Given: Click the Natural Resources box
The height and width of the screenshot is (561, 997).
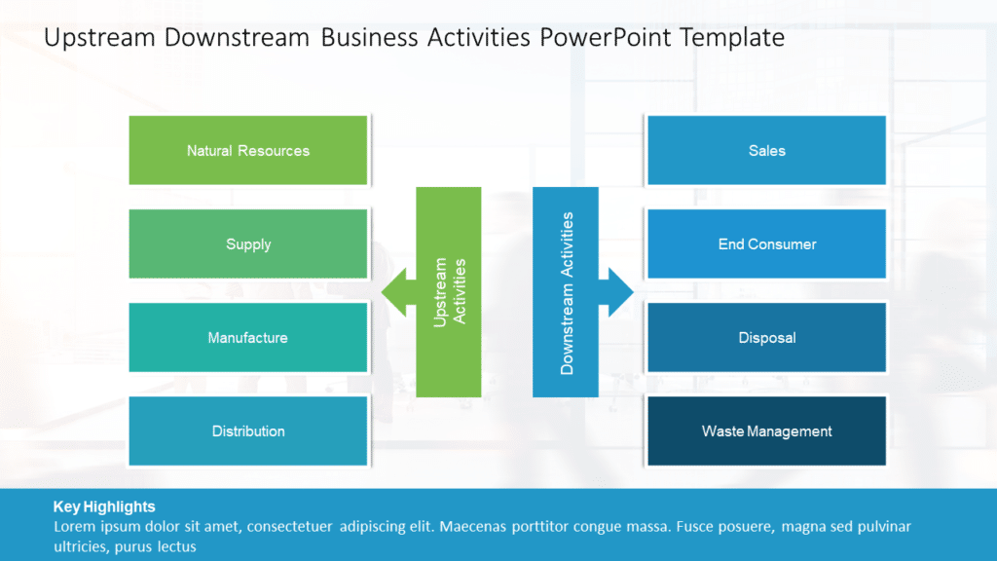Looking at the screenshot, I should click(x=248, y=151).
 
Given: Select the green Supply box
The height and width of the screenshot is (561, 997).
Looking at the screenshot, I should click(x=248, y=244).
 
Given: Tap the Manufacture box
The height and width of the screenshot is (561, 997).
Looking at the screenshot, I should click(x=248, y=338).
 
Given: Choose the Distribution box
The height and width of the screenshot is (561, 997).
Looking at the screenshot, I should click(x=248, y=431).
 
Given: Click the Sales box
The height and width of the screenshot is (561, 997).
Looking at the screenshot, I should click(x=766, y=151).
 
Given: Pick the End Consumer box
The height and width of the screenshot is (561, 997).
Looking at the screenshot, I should click(x=766, y=244).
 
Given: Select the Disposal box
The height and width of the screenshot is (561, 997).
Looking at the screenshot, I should click(x=766, y=338).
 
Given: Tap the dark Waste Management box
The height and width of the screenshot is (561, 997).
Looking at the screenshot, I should click(x=766, y=431).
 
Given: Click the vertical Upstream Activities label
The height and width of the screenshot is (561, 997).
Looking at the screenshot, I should click(x=449, y=292).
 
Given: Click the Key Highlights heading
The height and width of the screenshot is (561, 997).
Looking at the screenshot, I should click(x=104, y=506).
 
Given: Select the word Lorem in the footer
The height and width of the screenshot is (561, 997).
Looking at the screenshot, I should click(x=74, y=527).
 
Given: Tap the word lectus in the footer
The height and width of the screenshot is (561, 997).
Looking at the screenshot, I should click(x=176, y=546).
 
